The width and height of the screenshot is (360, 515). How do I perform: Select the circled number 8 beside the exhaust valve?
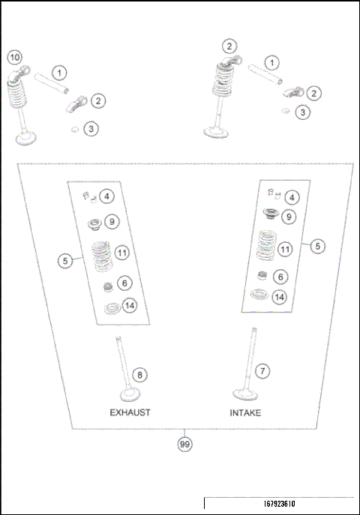[138, 375]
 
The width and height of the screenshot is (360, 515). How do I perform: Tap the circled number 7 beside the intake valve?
[262, 370]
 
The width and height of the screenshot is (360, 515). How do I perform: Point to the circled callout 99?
[184, 445]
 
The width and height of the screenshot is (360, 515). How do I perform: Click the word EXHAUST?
[130, 413]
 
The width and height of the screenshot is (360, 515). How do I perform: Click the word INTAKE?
[246, 413]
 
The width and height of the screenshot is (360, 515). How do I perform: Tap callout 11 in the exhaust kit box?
[123, 254]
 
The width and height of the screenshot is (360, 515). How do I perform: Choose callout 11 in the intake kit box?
[285, 249]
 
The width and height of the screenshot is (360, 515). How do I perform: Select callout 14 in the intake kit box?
[280, 297]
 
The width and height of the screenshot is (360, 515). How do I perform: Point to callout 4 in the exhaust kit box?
[108, 197]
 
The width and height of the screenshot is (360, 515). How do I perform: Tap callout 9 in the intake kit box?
[289, 217]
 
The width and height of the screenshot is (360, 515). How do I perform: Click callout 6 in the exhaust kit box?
[124, 283]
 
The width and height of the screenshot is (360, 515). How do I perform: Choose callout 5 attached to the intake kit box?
[318, 245]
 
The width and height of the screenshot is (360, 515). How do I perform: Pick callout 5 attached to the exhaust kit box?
[66, 260]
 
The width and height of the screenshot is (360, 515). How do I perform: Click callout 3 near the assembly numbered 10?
[91, 129]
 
